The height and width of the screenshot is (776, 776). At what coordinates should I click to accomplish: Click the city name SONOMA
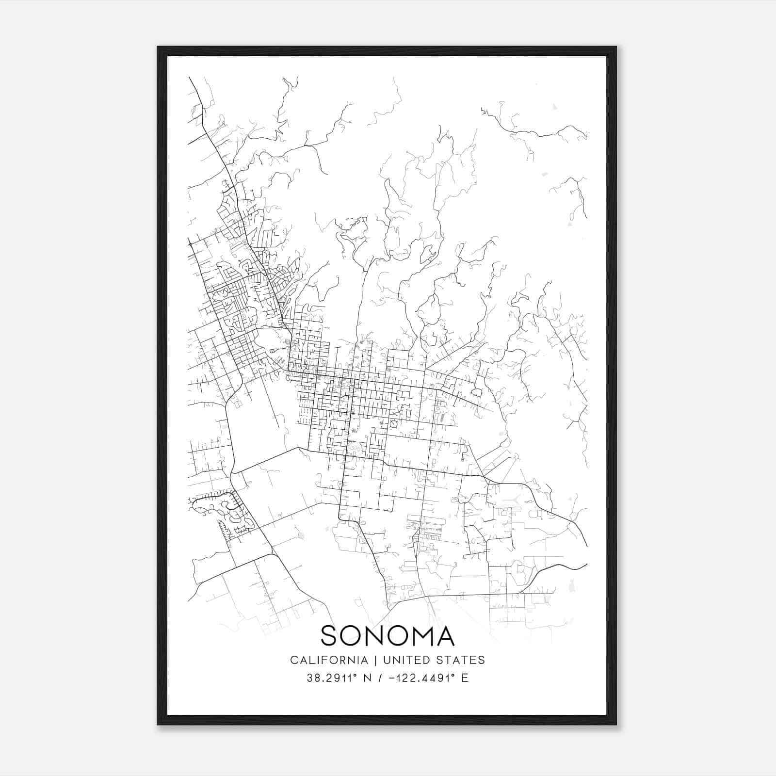tap(388, 635)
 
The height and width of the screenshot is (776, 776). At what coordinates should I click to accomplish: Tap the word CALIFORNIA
tap(328, 660)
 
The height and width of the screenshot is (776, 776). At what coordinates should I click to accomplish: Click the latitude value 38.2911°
tap(331, 678)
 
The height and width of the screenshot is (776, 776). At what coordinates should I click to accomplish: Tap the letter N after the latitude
tap(367, 678)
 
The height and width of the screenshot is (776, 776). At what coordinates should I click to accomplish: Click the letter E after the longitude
tap(465, 678)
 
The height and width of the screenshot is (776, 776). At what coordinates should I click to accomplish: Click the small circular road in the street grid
tap(393, 424)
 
